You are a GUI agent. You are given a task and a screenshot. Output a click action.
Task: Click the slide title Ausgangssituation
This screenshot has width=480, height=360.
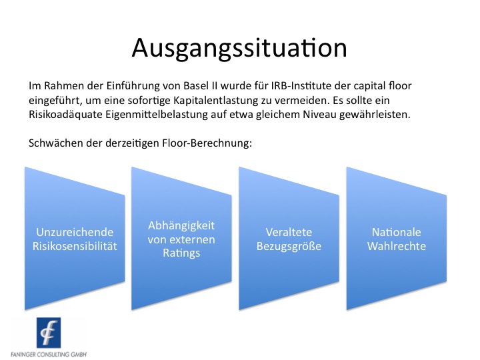[x=239, y=48]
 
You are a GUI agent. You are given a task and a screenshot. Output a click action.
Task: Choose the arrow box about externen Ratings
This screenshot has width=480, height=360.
[x=181, y=239]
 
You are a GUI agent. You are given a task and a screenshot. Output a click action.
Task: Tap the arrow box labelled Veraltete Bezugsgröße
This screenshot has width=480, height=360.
[x=289, y=239]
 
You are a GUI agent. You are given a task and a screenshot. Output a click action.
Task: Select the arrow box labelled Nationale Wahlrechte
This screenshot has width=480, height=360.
[x=396, y=239]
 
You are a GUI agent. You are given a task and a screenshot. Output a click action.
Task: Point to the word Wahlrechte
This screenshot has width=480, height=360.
[x=396, y=246]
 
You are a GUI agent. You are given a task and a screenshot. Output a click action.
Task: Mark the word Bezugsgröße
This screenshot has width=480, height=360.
[x=289, y=246]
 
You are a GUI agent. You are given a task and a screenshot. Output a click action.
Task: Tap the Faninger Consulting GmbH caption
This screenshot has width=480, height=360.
[x=48, y=353]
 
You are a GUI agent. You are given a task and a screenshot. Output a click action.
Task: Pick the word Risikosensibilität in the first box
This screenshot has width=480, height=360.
[x=74, y=246]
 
